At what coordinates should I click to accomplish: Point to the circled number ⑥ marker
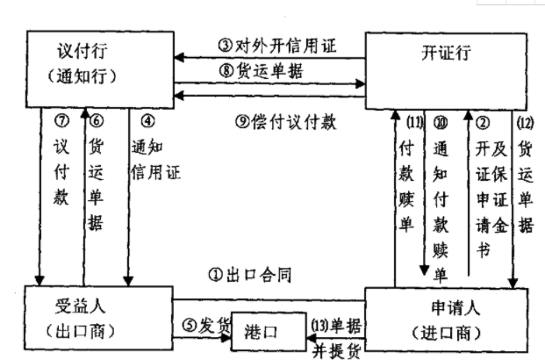(96, 119)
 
